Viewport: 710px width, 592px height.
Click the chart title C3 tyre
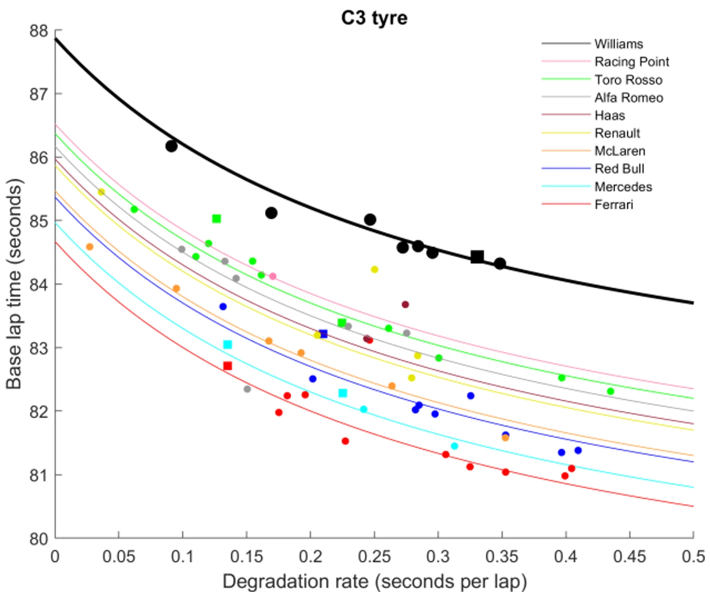(x=374, y=18)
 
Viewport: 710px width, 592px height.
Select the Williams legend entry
(x=618, y=44)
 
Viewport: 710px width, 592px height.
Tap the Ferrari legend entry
(x=614, y=204)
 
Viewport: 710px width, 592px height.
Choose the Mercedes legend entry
(x=623, y=187)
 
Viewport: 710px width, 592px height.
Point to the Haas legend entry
(x=609, y=115)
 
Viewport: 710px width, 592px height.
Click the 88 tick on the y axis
(x=39, y=31)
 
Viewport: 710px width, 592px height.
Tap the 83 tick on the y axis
(x=39, y=348)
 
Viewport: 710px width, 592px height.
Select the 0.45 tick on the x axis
(x=629, y=556)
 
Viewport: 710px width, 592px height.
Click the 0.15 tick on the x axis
(x=247, y=556)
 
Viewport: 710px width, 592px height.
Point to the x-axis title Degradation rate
(x=374, y=581)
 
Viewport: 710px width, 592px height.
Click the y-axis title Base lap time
(x=14, y=284)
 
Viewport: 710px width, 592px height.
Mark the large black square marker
(x=477, y=257)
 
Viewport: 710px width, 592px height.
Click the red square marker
(x=227, y=366)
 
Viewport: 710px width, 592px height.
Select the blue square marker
(x=323, y=334)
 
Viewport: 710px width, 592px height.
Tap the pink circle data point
(x=273, y=276)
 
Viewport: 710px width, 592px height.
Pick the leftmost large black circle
(x=171, y=146)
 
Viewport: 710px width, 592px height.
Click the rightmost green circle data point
(x=610, y=391)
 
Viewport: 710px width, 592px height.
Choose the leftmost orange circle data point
(x=89, y=247)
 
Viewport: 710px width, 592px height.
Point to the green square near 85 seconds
(x=216, y=219)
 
